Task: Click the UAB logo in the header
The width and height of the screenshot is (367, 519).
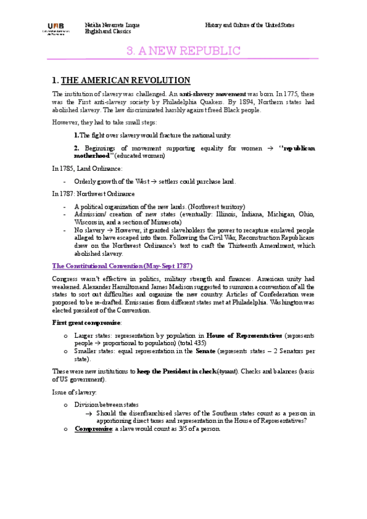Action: coord(55,28)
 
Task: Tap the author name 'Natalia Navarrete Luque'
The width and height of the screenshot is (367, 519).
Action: coord(112,25)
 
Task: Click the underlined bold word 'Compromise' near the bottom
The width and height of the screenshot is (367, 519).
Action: coord(93,428)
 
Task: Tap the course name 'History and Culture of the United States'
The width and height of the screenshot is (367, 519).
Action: coord(249,25)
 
